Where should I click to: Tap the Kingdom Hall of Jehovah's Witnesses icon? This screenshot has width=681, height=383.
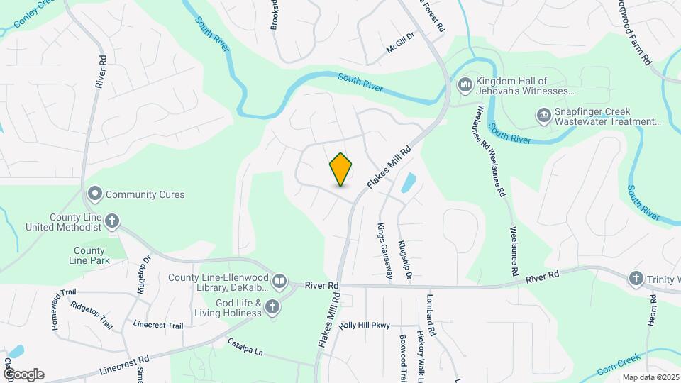[x=465, y=86]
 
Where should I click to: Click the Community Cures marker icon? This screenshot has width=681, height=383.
[x=94, y=194]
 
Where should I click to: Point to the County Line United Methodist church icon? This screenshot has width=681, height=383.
[x=111, y=222]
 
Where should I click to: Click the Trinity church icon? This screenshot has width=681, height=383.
[x=636, y=279]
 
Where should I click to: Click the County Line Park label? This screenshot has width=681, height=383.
[x=89, y=255]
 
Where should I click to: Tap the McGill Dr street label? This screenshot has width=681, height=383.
[x=400, y=45]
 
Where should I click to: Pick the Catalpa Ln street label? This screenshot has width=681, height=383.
[x=245, y=347]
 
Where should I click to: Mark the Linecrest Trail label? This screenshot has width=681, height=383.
[x=158, y=325]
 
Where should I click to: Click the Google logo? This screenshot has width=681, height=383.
[x=23, y=374]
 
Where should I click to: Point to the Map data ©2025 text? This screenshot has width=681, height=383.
[x=650, y=377]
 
